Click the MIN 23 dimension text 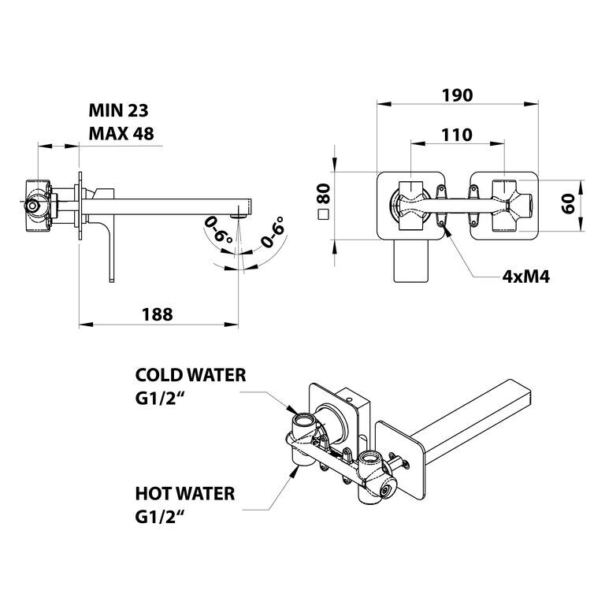(x=118, y=111)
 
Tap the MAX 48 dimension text (x=121, y=134)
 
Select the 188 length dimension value (x=158, y=314)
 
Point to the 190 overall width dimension (x=457, y=95)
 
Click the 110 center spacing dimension (x=457, y=135)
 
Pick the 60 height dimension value (x=568, y=204)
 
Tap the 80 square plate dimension (x=324, y=194)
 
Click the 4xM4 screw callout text (x=526, y=277)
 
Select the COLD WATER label (x=191, y=375)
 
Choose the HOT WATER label (x=185, y=493)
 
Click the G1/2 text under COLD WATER (x=158, y=399)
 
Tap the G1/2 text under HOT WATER (x=158, y=518)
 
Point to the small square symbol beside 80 (x=323, y=214)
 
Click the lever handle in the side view (x=112, y=251)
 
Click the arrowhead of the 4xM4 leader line (x=447, y=231)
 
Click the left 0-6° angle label (x=218, y=229)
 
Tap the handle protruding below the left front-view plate (x=411, y=261)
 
